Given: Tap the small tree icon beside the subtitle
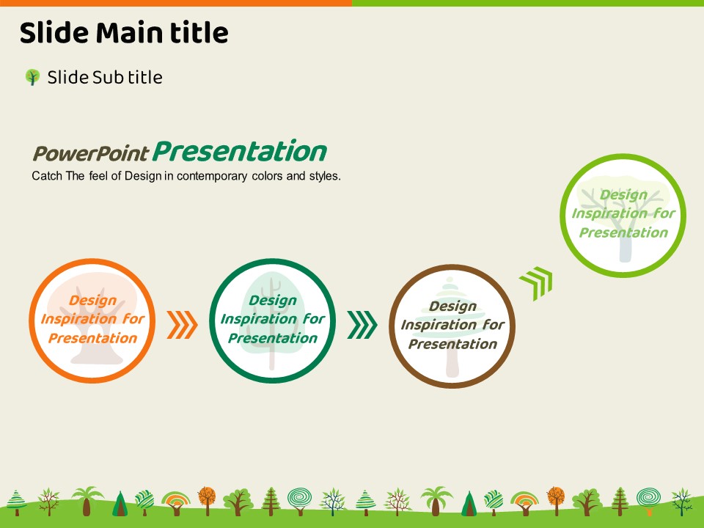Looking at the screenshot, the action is coord(32,77).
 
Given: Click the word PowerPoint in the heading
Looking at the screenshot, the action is coord(91,153).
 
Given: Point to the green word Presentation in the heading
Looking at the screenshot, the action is coord(239,151).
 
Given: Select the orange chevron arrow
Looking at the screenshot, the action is coord(182,325).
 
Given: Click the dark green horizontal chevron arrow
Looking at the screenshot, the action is coord(362,325).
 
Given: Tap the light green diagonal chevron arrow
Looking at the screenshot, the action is coord(537,283).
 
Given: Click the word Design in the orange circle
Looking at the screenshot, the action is coord(92,301).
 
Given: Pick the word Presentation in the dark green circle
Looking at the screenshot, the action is coord(273,338).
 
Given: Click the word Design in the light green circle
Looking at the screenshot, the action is coord(623,195).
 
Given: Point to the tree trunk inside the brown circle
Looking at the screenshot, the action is coord(452,363).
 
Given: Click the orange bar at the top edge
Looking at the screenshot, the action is coord(176,3).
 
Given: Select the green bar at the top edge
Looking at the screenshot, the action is coord(528,3).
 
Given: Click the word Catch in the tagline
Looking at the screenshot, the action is coord(47,176).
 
